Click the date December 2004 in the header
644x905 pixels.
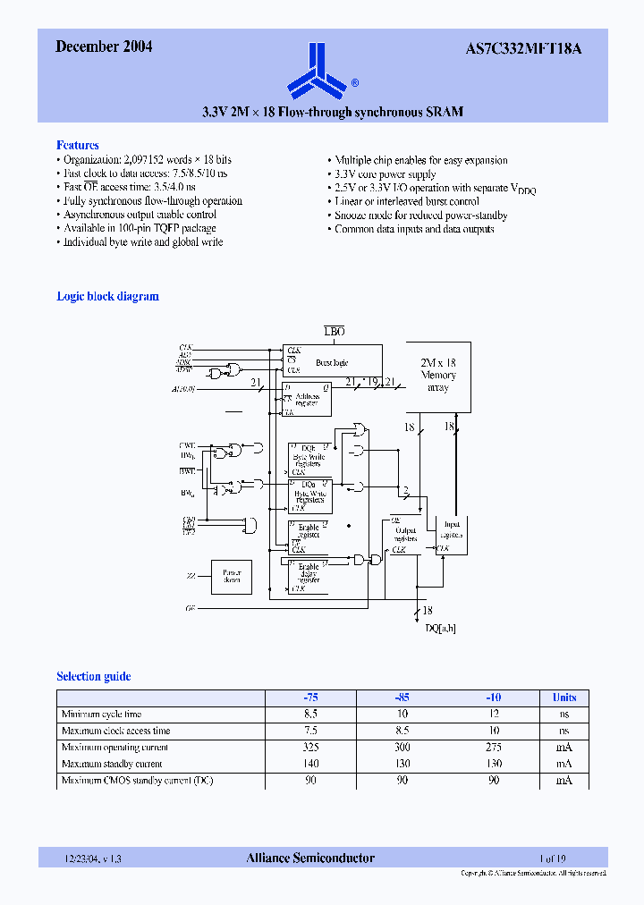[104, 47]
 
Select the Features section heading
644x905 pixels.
[78, 145]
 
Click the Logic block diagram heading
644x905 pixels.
[107, 296]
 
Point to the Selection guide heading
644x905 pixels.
[94, 676]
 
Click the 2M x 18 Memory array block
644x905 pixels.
[438, 376]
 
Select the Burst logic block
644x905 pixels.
[332, 362]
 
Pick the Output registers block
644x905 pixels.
[405, 535]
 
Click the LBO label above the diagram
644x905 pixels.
[335, 331]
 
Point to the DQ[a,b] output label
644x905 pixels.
[439, 629]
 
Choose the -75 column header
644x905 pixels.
[310, 698]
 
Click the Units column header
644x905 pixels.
[564, 698]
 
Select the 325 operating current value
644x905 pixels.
[310, 748]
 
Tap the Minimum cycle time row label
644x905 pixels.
[101, 715]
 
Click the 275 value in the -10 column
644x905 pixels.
[493, 748]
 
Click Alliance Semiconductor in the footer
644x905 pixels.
[310, 858]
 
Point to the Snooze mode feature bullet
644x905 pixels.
[420, 216]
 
